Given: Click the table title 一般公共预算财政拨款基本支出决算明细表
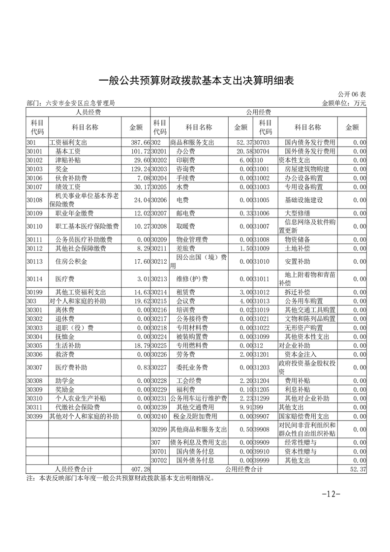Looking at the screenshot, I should (x=196, y=80).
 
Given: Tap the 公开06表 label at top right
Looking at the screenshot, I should (x=352, y=94).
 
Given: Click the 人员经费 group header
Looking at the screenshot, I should (x=88, y=112).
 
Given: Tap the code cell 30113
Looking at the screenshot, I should (x=35, y=262).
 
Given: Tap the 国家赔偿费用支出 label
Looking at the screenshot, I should (x=303, y=416).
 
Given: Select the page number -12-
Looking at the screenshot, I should (x=331, y=494).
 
